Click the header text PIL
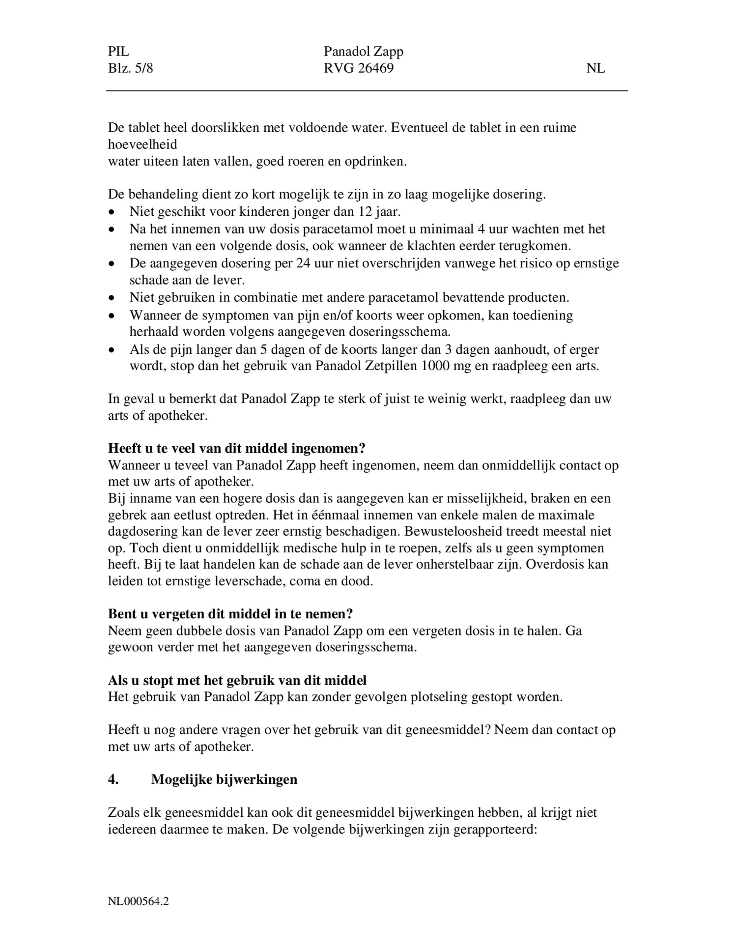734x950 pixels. (x=118, y=52)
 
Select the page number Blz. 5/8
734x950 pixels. (x=130, y=68)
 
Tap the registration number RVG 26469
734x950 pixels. (x=358, y=68)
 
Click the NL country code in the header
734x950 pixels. (x=595, y=68)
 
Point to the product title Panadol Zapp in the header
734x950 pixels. (x=363, y=52)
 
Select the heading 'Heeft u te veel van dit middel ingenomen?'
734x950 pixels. (x=237, y=448)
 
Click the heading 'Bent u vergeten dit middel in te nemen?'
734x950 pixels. (x=230, y=614)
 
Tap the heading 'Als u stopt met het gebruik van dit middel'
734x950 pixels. (x=237, y=680)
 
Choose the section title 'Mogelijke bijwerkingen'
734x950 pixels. (x=224, y=779)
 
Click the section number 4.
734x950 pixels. (x=113, y=779)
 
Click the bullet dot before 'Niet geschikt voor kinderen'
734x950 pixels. (x=113, y=212)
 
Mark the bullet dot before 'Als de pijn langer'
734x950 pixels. (x=113, y=350)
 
